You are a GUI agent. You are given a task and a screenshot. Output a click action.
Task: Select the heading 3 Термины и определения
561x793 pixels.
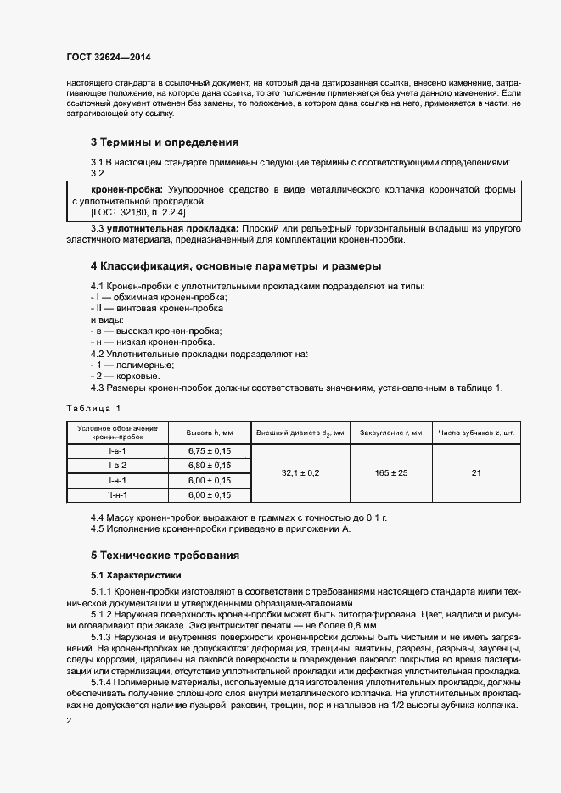click(165, 142)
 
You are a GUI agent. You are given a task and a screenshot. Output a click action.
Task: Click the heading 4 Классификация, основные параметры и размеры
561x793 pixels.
click(236, 265)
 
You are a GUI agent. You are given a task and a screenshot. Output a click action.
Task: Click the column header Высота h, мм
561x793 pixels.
click(209, 433)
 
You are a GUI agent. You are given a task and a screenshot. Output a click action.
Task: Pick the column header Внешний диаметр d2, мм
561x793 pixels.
click(300, 433)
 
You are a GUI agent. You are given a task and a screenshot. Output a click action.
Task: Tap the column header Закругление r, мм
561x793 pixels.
click(391, 433)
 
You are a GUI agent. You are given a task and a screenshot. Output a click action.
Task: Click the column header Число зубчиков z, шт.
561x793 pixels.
click(476, 433)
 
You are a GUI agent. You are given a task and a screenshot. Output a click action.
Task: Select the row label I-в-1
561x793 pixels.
click(118, 451)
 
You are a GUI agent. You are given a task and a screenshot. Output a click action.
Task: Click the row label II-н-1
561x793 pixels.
click(118, 494)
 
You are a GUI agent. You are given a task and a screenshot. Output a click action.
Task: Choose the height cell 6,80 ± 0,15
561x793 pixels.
click(209, 466)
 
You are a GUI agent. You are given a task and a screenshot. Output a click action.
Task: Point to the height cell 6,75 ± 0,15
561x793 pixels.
click(209, 451)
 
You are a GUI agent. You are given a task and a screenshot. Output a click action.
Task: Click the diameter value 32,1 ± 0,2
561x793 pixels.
click(300, 473)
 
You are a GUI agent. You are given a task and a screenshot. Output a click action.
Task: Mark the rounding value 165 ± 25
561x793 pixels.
click(391, 473)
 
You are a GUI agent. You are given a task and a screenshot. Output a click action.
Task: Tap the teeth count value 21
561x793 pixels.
click(476, 473)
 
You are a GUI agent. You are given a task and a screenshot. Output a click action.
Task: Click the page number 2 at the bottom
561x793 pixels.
click(69, 721)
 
